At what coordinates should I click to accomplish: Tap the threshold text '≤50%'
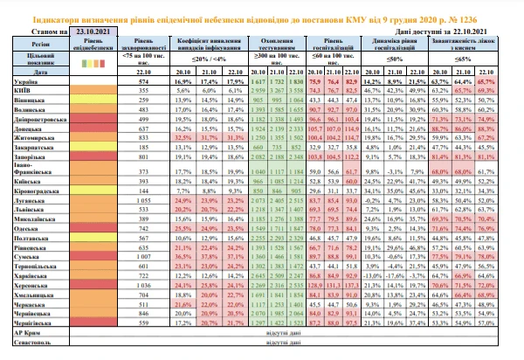tap(409, 56)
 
